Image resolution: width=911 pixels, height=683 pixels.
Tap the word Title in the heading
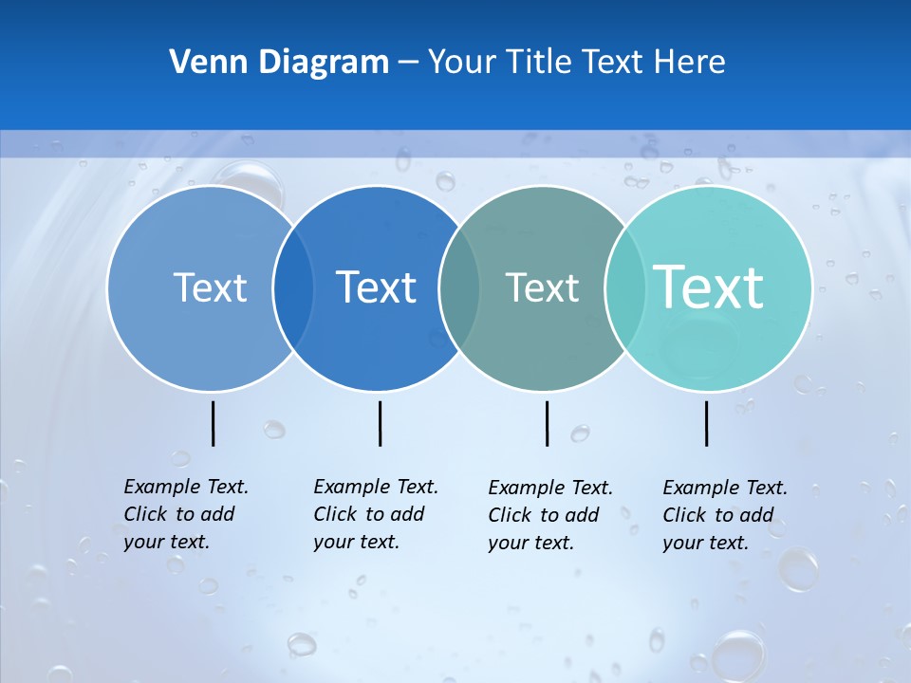pos(536,63)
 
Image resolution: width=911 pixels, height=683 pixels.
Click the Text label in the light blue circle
pos(210,287)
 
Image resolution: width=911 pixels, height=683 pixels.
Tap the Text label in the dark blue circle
pos(376,287)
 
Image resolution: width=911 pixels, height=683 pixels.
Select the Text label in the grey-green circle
pos(542,287)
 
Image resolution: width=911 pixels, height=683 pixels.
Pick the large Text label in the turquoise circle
pos(709,286)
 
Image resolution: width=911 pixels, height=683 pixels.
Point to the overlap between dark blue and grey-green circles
pos(459,288)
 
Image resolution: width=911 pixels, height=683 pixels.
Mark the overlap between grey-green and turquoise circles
pos(623,288)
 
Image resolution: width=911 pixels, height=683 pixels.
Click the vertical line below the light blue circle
pos(213,423)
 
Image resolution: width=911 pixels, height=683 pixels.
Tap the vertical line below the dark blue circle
pos(380,423)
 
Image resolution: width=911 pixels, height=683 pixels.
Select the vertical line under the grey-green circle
pos(547,423)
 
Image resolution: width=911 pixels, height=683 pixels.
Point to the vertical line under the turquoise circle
pos(706,423)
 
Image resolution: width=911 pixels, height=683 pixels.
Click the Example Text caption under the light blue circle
pos(186,514)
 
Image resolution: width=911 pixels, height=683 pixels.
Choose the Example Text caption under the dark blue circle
pos(376,514)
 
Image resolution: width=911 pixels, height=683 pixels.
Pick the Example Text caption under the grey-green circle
pos(550,515)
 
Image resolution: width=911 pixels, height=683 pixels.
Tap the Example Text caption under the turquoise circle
pos(725,515)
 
